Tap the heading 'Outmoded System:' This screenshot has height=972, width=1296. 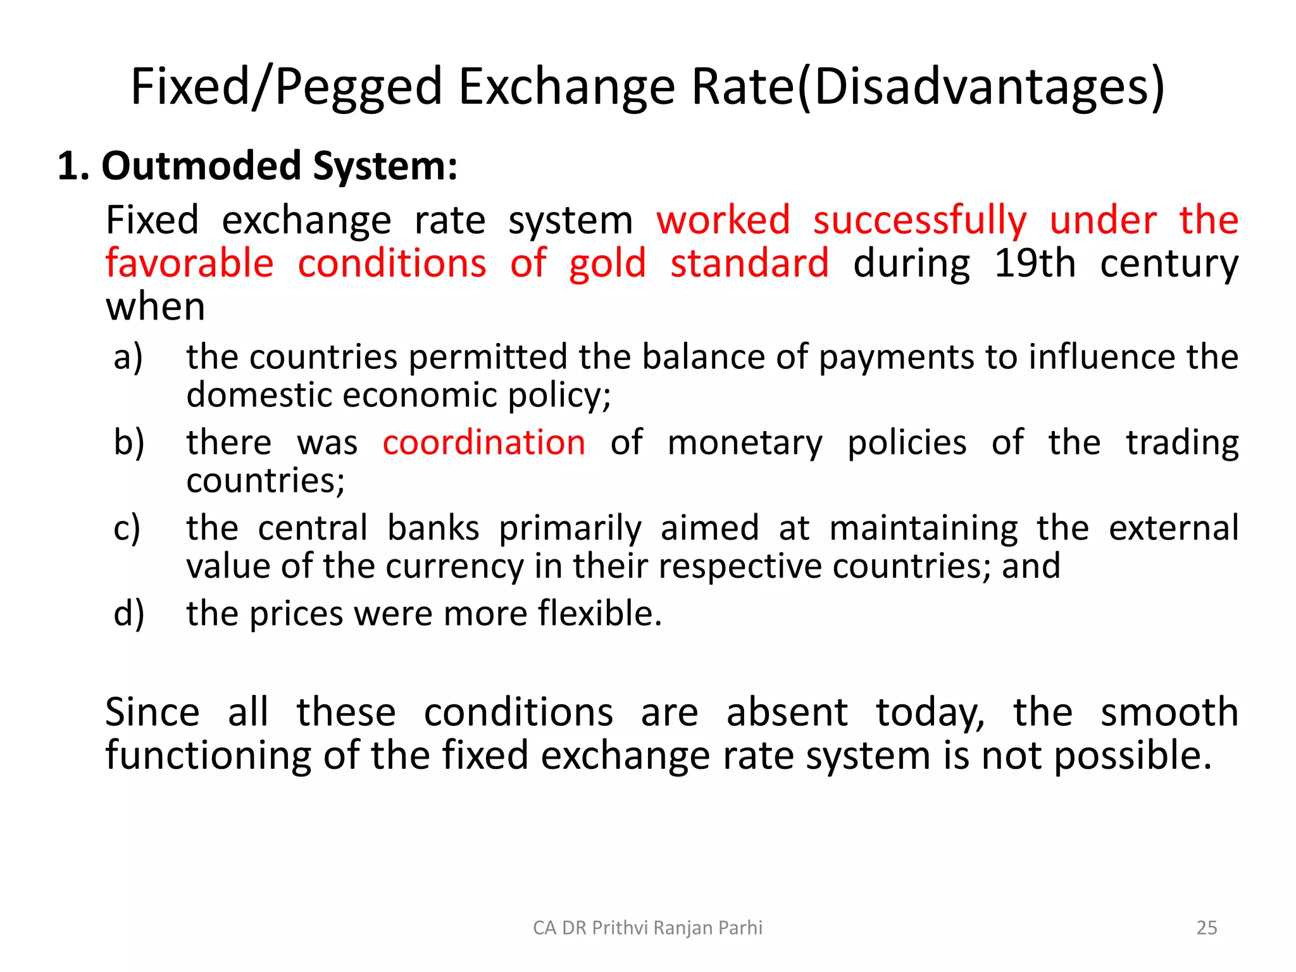pyautogui.click(x=279, y=166)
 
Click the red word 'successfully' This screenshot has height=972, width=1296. pyautogui.click(x=919, y=221)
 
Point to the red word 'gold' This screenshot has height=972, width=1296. pyautogui.click(x=607, y=265)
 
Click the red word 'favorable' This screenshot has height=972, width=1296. pyautogui.click(x=189, y=263)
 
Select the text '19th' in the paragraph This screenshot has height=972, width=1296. pyautogui.click(x=1034, y=263)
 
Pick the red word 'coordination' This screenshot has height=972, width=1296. pyautogui.click(x=484, y=442)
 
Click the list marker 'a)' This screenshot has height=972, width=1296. pyautogui.click(x=128, y=357)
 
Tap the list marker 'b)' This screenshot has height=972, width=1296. pyautogui.click(x=129, y=442)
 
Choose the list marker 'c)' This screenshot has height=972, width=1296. pyautogui.click(x=127, y=528)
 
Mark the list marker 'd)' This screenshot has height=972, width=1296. pyautogui.click(x=129, y=613)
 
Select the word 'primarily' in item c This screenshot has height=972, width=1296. pyautogui.click(x=570, y=529)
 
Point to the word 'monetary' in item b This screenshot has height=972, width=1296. pyautogui.click(x=745, y=442)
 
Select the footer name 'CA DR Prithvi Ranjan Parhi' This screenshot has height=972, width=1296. pyautogui.click(x=647, y=928)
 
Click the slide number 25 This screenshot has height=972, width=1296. pyautogui.click(x=1207, y=928)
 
